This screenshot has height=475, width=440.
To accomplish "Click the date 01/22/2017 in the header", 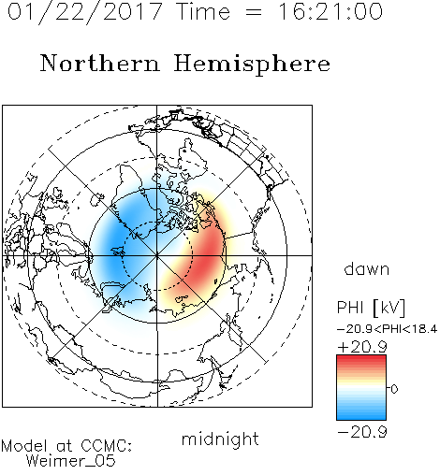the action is pyautogui.click(x=84, y=12).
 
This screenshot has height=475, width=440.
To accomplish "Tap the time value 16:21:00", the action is pyautogui.click(x=330, y=11).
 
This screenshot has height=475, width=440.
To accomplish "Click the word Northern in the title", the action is pyautogui.click(x=100, y=64).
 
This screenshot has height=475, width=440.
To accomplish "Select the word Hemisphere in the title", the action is pyautogui.click(x=252, y=65).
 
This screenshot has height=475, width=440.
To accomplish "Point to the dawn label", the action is pyautogui.click(x=367, y=268).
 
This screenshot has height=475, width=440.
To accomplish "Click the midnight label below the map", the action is pyautogui.click(x=220, y=439).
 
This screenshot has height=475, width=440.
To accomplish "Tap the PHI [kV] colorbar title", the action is pyautogui.click(x=371, y=308).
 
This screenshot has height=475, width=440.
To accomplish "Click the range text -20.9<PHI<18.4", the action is pyautogui.click(x=388, y=329).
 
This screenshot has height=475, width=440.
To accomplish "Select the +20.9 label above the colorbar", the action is pyautogui.click(x=362, y=347).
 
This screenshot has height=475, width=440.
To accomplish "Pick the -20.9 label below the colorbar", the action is pyautogui.click(x=362, y=432).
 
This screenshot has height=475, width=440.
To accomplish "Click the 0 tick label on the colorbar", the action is pyautogui.click(x=394, y=389).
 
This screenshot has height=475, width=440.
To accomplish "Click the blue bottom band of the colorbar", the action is pyautogui.click(x=361, y=414).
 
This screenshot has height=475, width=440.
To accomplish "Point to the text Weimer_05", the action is pyautogui.click(x=71, y=461).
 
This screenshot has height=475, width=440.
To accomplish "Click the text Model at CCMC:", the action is pyautogui.click(x=66, y=446).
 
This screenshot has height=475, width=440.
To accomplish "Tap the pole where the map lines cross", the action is pyautogui.click(x=157, y=255).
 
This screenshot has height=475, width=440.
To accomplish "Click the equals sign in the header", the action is pyautogui.click(x=254, y=12).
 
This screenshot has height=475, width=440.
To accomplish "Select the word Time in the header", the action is pyautogui.click(x=203, y=11).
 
